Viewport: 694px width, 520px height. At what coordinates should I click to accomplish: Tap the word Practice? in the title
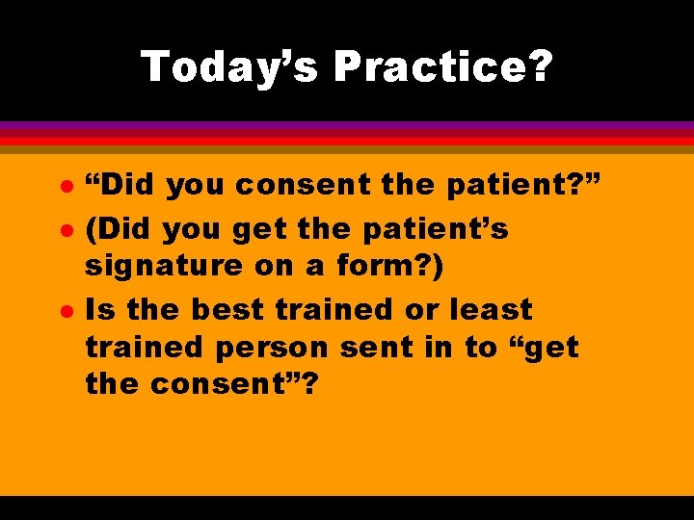pos(442,66)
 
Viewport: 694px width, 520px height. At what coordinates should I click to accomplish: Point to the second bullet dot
pos(64,230)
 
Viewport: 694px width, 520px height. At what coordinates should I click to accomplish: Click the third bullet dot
pos(64,309)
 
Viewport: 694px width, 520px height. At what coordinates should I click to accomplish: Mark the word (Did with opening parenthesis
pos(120,229)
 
